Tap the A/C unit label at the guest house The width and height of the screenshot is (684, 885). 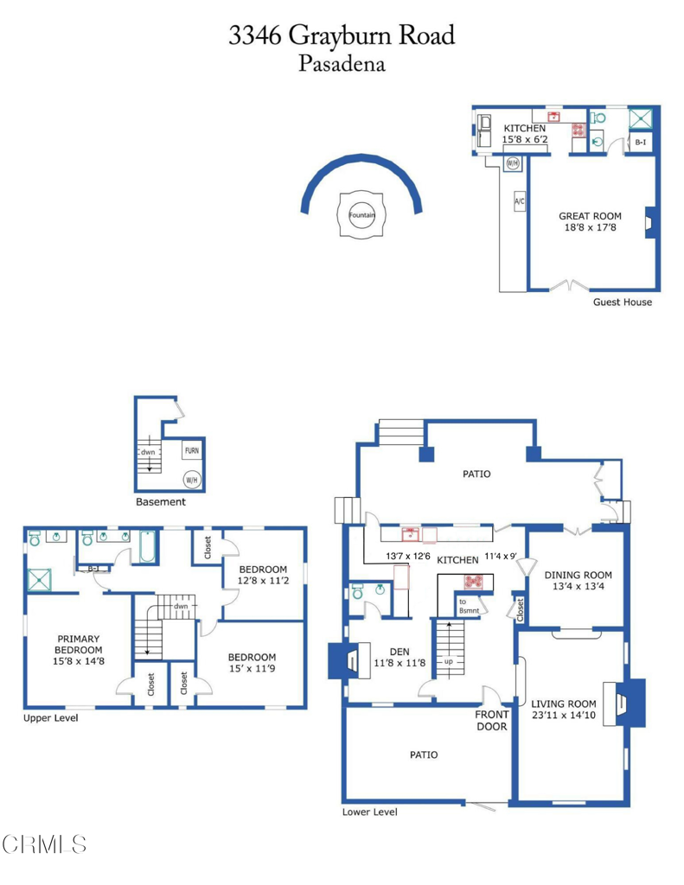pos(520,202)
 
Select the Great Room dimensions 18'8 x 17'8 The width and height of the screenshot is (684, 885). pos(590,228)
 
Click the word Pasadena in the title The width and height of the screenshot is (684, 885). pos(342,63)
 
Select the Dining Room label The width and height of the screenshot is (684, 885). pos(578,575)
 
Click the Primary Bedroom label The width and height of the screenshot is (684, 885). pos(79,645)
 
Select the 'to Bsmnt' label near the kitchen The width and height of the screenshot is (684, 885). pos(468,606)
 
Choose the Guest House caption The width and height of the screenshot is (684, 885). pos(622,302)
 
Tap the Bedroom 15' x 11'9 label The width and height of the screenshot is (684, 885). pos(252,663)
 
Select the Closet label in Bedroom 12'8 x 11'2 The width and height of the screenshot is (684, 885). pos(208,547)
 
